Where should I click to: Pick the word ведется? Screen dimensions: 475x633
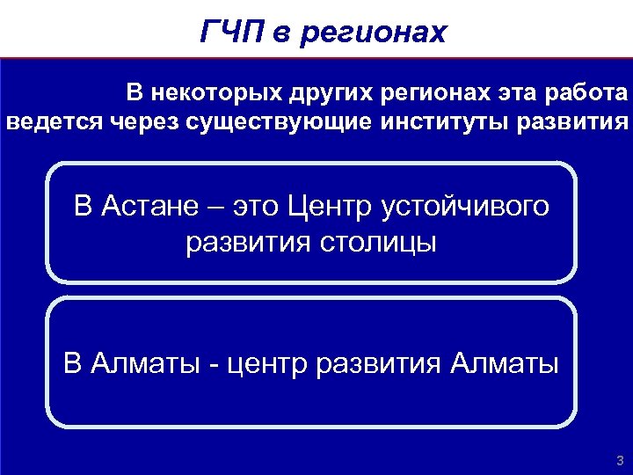coord(55,121)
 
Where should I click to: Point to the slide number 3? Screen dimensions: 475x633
coord(620,460)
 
